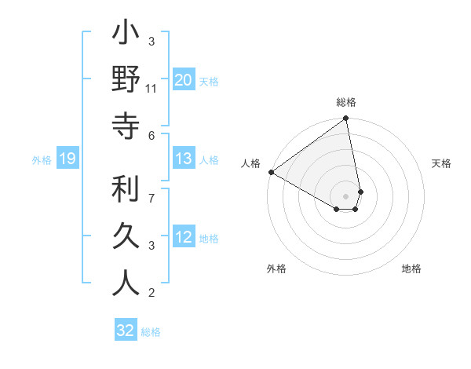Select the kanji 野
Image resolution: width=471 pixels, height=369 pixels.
tap(126, 81)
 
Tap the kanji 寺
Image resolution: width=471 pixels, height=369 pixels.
tap(126, 126)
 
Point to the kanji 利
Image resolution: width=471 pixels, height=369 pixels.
tap(126, 189)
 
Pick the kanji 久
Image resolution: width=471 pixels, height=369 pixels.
tap(126, 236)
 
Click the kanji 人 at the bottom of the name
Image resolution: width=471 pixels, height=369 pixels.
tap(126, 283)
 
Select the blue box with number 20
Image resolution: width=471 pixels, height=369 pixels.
tap(183, 79)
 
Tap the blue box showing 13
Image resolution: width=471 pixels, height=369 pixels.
tap(183, 159)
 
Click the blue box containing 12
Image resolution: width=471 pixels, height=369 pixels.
tap(183, 237)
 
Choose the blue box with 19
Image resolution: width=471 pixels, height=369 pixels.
tap(67, 159)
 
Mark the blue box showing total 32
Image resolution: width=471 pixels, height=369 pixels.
tap(125, 331)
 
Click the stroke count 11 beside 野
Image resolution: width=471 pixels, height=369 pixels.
tap(152, 89)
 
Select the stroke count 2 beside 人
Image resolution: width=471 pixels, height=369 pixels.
tap(152, 293)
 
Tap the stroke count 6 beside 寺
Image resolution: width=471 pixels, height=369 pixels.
tap(152, 135)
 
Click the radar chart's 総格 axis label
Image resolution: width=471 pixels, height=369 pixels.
tap(346, 103)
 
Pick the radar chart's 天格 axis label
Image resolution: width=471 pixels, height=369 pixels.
tap(442, 163)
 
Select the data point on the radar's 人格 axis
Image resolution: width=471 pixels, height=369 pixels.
tap(270, 172)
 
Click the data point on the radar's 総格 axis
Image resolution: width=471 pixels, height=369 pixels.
tap(346, 119)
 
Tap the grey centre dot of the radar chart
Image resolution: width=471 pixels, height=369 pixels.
tap(346, 195)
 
